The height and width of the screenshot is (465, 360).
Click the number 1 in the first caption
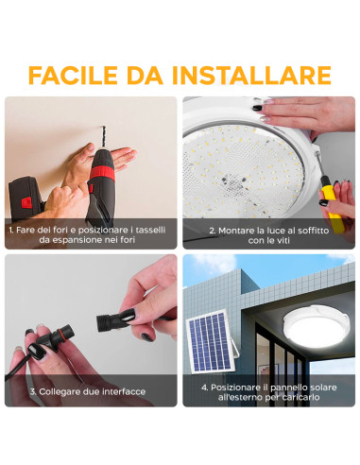10,230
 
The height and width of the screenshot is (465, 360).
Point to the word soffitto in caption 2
314,230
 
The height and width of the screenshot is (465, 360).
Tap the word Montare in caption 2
236,230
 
